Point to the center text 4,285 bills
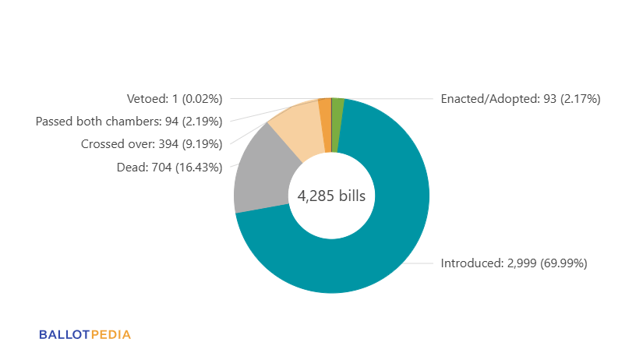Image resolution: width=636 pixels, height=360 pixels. click(x=331, y=196)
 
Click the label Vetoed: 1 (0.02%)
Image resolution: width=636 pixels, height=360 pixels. click(x=175, y=99)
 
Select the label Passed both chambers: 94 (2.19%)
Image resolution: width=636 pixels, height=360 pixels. click(x=129, y=122)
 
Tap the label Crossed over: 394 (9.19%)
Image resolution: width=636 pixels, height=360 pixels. click(x=151, y=144)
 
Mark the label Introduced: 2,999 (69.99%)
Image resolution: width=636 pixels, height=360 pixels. click(x=514, y=263)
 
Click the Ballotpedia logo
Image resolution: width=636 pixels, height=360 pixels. click(x=85, y=335)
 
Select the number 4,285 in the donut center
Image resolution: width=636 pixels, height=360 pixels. click(x=314, y=196)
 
